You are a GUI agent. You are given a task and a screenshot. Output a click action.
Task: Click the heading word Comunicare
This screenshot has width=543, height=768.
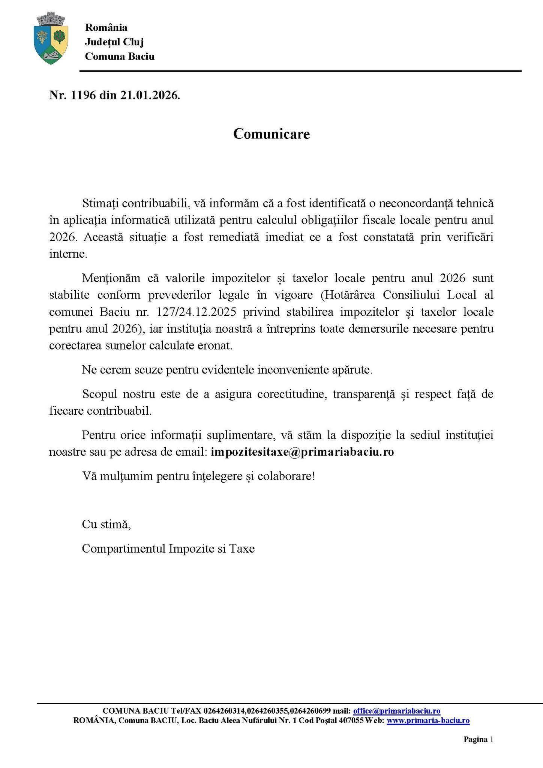271,134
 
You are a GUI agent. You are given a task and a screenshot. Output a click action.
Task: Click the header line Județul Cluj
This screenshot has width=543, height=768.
114,42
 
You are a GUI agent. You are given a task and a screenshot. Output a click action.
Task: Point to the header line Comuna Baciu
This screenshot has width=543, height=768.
120,56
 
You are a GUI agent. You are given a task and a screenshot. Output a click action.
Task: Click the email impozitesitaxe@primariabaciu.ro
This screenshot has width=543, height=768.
302,452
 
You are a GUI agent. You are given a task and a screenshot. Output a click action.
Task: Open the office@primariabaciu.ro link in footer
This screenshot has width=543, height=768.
397,711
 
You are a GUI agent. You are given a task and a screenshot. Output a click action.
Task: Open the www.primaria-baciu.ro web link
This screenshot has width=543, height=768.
428,720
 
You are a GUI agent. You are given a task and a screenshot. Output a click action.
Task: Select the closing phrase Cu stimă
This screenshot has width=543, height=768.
106,524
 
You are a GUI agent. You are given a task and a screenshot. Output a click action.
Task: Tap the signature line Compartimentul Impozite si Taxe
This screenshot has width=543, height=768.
168,549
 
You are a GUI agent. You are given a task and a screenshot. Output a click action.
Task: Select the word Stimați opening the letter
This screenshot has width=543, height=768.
100,204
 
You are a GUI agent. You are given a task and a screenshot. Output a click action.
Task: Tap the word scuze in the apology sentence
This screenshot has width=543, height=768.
146,370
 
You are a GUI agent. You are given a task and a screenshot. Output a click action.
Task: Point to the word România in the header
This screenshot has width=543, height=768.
106,27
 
